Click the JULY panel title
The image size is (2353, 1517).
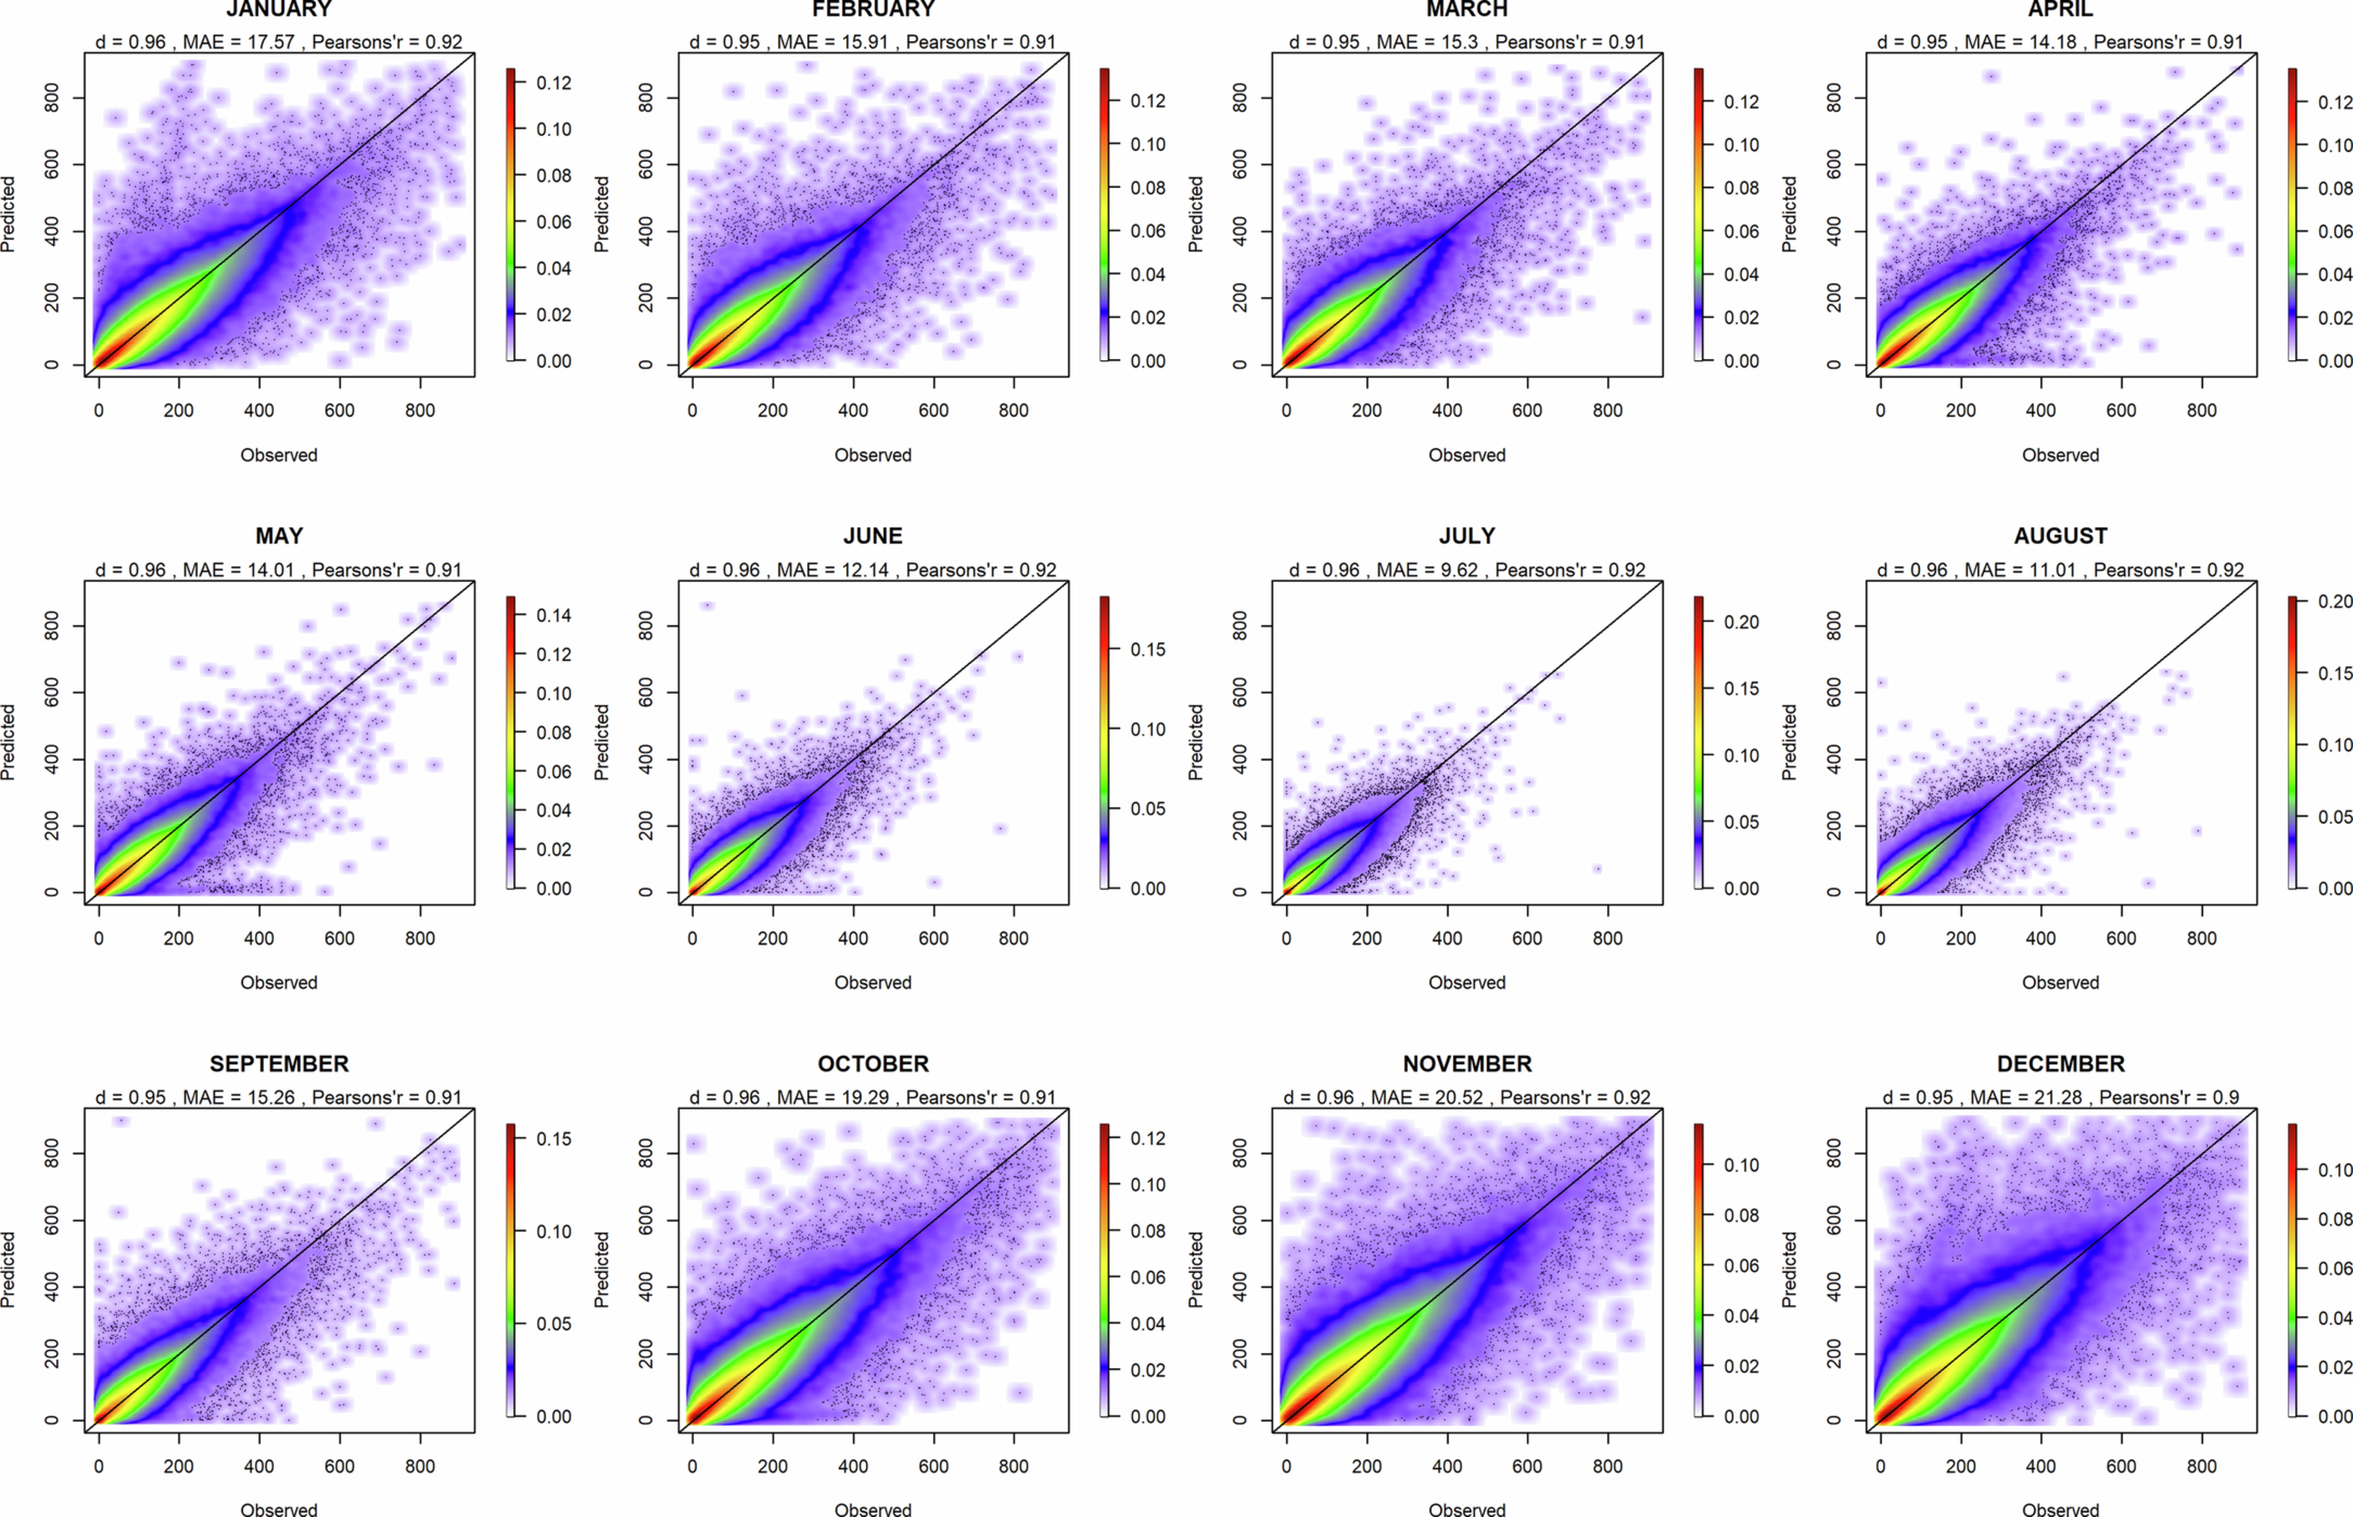click(1466, 536)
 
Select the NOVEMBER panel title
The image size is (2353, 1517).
click(1466, 1064)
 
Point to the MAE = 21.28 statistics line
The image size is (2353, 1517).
click(2060, 1097)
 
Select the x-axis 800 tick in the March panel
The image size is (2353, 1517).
click(1607, 410)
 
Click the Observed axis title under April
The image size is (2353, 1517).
click(2060, 455)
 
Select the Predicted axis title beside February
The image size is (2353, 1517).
click(602, 215)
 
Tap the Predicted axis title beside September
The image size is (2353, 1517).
click(8, 1270)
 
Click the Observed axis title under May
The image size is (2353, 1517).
click(279, 982)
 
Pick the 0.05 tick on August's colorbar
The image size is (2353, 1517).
click(2334, 817)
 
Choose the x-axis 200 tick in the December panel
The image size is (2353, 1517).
click(1960, 1466)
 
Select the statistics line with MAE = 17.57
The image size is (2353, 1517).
click(279, 42)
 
